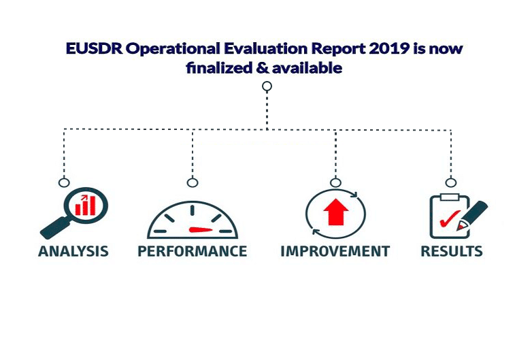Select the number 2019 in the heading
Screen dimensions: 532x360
pyautogui.click(x=388, y=48)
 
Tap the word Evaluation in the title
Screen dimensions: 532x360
pyautogui.click(x=266, y=48)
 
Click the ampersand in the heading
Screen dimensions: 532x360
pyautogui.click(x=263, y=68)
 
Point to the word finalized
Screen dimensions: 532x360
pyautogui.click(x=219, y=68)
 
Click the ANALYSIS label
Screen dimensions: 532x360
pyautogui.click(x=73, y=251)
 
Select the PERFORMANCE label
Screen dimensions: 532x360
pyautogui.click(x=193, y=251)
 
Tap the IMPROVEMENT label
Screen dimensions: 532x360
pyautogui.click(x=335, y=251)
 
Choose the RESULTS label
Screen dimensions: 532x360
pyautogui.click(x=452, y=251)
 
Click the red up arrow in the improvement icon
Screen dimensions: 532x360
pyautogui.click(x=336, y=212)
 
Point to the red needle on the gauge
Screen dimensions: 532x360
pyautogui.click(x=201, y=230)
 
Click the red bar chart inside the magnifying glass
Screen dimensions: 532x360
pyautogui.click(x=86, y=206)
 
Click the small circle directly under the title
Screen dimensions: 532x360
pyautogui.click(x=267, y=86)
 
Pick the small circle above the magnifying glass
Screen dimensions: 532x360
pyautogui.click(x=64, y=182)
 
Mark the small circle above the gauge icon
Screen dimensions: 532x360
pyautogui.click(x=193, y=182)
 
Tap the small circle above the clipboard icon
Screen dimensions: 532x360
pyautogui.click(x=451, y=182)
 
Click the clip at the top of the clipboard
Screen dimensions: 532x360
pyautogui.click(x=450, y=197)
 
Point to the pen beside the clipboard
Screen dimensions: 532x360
pyautogui.click(x=472, y=216)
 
